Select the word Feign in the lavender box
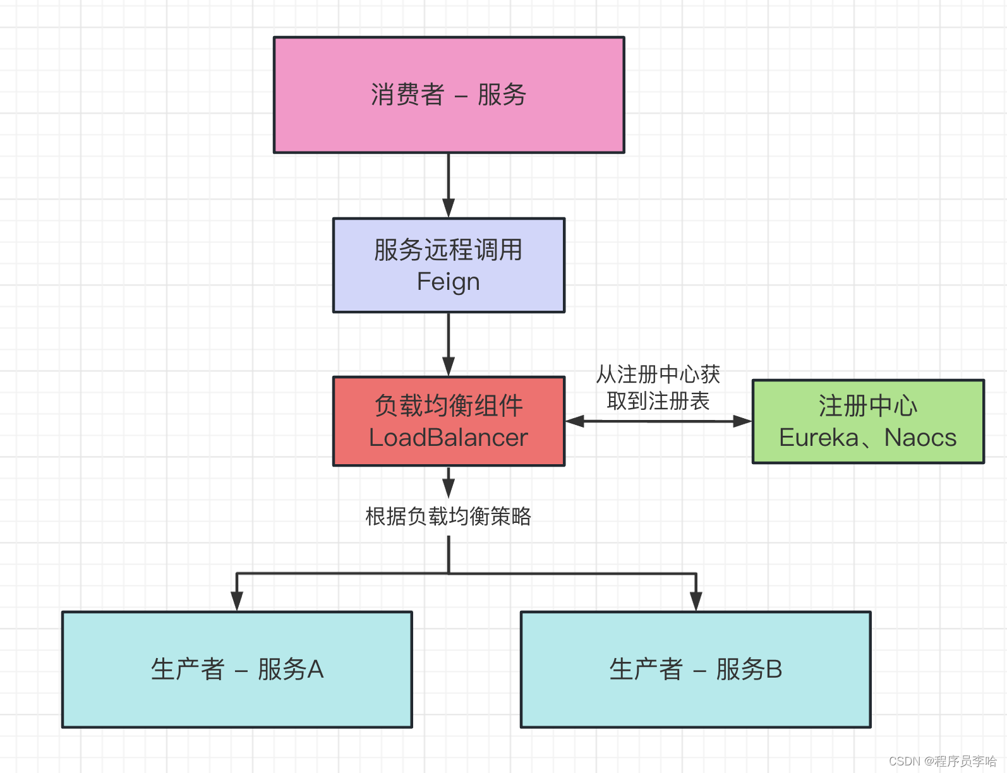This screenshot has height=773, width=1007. [449, 282]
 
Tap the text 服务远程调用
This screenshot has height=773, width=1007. [449, 250]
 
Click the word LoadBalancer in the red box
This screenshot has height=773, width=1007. [449, 438]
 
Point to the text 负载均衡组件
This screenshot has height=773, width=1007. [449, 405]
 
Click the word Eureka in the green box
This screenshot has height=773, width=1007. [819, 438]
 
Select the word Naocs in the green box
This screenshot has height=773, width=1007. [920, 438]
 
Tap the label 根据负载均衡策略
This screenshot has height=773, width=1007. [449, 517]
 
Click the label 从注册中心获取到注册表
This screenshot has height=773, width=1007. [658, 387]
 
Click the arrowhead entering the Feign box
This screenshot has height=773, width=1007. [449, 208]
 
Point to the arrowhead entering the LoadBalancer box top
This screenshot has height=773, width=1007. [449, 367]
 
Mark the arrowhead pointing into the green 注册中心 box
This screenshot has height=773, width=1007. [742, 421]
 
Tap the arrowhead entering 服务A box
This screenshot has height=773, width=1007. [237, 601]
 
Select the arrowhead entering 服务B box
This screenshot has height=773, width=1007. [696, 601]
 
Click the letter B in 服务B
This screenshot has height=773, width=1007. [775, 669]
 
